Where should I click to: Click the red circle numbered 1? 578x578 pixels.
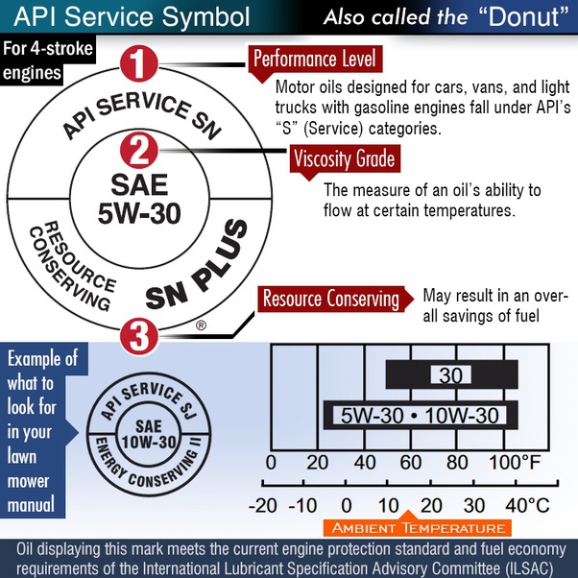tap(139, 64)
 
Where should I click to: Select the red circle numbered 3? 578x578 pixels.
tap(139, 336)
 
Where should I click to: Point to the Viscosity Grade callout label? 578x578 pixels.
tap(344, 158)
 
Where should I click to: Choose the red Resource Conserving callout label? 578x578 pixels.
tap(330, 299)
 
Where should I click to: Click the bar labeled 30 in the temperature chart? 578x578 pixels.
tap(449, 374)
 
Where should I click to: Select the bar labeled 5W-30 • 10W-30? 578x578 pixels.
tap(421, 416)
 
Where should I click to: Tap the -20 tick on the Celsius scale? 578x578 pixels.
tap(262, 505)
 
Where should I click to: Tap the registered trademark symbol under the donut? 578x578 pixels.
tap(201, 325)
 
